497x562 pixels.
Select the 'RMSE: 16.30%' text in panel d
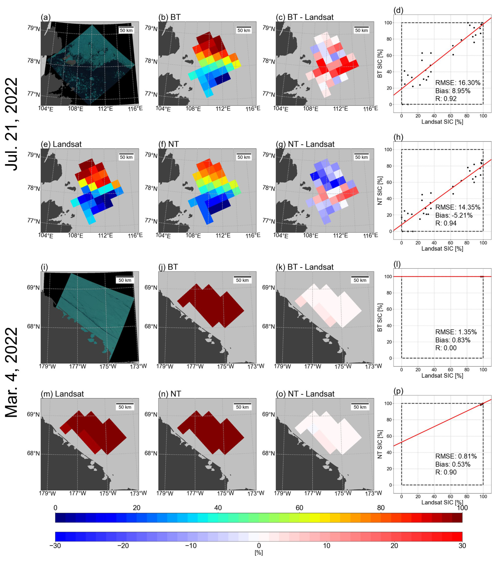pyautogui.click(x=458, y=83)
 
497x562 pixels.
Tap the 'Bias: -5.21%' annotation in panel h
pyautogui.click(x=454, y=215)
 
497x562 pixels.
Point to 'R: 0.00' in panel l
pyautogui.click(x=446, y=348)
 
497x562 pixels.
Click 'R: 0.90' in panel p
pyautogui.click(x=446, y=472)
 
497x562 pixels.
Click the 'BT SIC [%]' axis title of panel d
pyautogui.click(x=380, y=64)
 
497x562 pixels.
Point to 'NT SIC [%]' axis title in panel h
pyautogui.click(x=380, y=190)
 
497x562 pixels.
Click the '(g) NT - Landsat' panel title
pyautogui.click(x=305, y=144)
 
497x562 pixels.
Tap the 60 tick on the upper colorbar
pyautogui.click(x=299, y=508)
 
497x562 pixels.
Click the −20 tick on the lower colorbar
pyautogui.click(x=123, y=546)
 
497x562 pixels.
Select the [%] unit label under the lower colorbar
pyautogui.click(x=258, y=553)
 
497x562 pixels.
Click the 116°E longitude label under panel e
pyautogui.click(x=135, y=235)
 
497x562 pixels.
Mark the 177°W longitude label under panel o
pyautogui.click(x=313, y=493)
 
